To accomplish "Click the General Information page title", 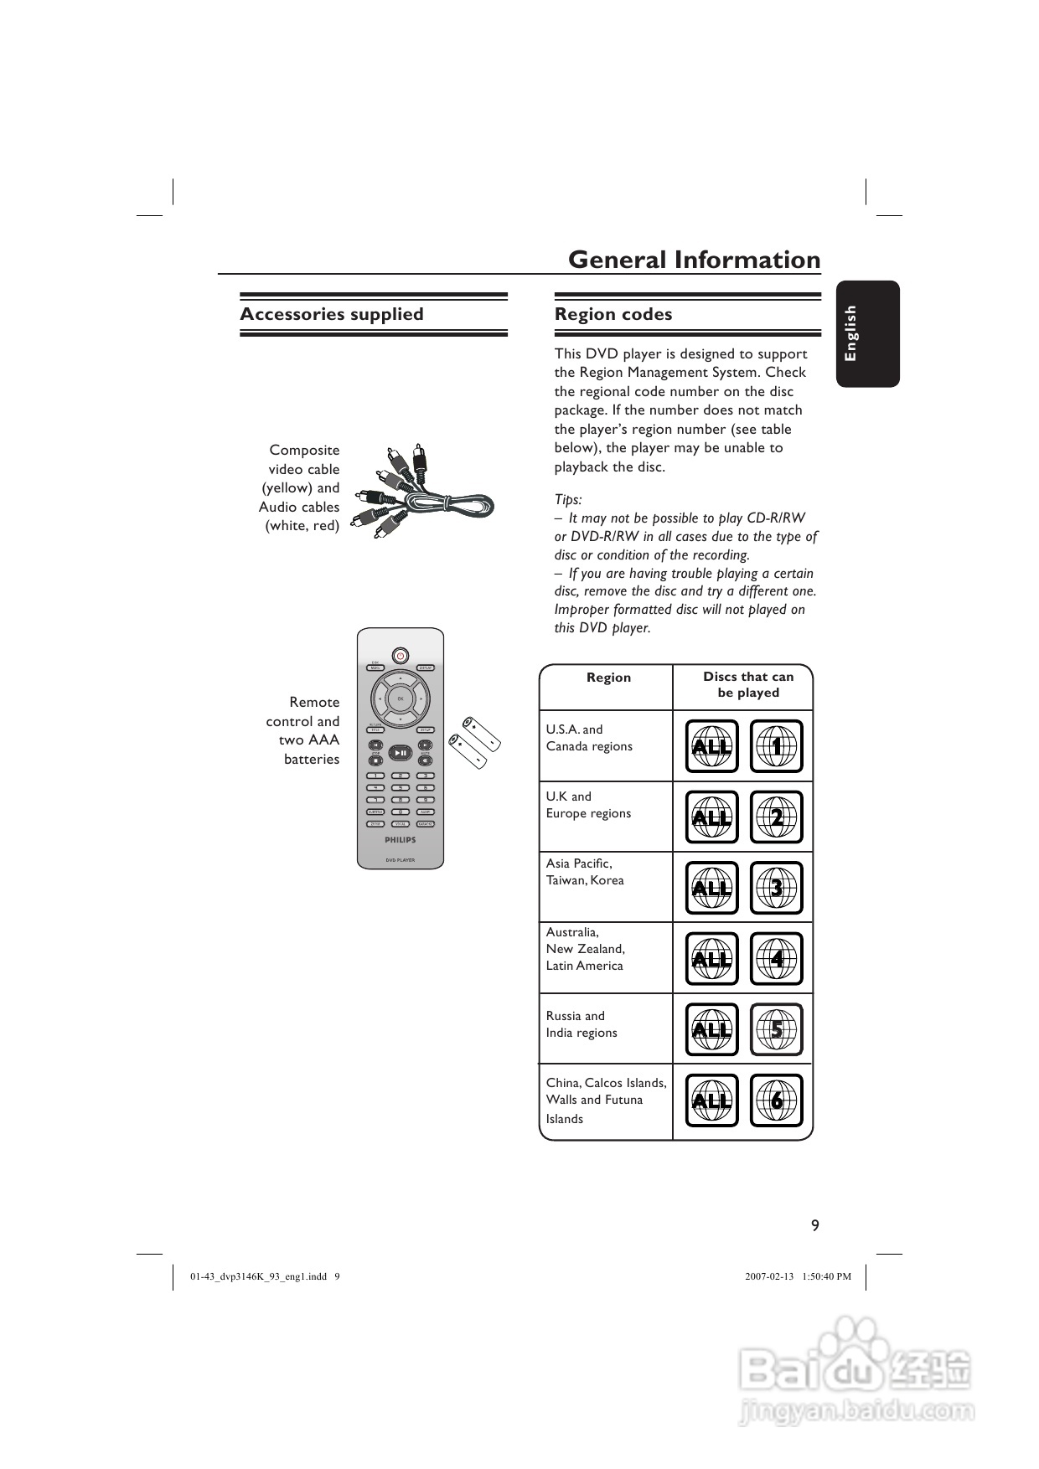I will [694, 260].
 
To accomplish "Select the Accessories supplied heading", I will [332, 314].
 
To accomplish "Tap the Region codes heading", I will [613, 314].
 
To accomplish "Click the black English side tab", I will [867, 333].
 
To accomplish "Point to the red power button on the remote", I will [401, 655].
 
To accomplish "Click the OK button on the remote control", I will [401, 698].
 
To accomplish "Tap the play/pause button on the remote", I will [401, 753].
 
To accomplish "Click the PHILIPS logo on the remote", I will [401, 839].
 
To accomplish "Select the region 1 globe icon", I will [776, 745].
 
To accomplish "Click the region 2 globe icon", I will [776, 817].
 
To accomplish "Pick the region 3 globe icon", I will [776, 888].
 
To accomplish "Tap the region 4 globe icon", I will [776, 958].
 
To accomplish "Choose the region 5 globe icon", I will [776, 1029].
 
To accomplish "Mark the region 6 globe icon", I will [776, 1100].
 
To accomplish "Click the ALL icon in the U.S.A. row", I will [711, 745].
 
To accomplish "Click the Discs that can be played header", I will [748, 684].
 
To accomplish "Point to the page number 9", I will [815, 1225].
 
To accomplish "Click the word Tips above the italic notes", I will [568, 499].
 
